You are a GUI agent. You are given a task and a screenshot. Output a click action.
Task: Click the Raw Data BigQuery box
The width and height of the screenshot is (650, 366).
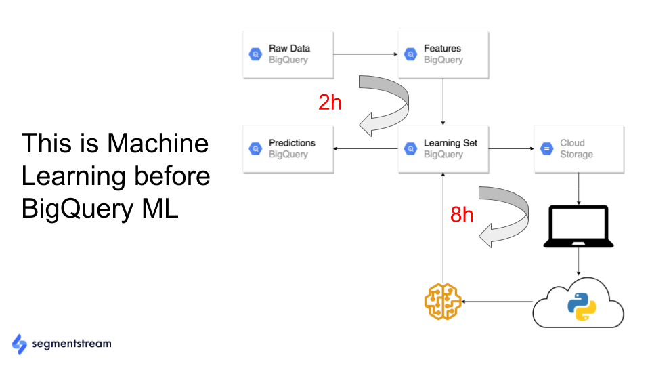[288, 54]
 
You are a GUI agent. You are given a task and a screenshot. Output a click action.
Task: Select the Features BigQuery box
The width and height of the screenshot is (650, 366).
[442, 54]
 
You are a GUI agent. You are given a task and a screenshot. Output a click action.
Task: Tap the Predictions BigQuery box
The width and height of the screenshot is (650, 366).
[288, 149]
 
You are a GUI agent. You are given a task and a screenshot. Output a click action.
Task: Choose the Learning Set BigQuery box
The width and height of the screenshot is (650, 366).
[442, 149]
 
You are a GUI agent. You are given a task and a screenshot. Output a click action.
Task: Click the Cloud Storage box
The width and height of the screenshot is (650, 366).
[579, 149]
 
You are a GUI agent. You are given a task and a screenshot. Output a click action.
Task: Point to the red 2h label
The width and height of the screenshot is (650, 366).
[330, 102]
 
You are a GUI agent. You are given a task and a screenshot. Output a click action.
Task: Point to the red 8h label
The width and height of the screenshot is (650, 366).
[462, 214]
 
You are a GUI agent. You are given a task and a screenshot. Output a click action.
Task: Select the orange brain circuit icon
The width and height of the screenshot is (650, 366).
[442, 301]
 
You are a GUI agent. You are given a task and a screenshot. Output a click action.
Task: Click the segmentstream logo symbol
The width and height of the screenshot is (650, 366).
[19, 344]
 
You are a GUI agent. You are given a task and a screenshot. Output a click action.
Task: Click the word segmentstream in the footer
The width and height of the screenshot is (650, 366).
[72, 344]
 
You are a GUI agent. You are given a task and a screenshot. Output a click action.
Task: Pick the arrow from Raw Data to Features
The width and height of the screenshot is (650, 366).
[366, 54]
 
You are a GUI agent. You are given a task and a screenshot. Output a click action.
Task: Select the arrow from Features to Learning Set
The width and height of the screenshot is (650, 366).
[442, 102]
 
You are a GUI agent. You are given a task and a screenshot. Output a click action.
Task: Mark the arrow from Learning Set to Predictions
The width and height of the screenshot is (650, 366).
[366, 149]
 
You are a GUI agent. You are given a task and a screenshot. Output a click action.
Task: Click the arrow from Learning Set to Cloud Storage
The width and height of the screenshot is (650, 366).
[511, 149]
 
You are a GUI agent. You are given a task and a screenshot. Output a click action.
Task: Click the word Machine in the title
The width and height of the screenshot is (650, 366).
[157, 144]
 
